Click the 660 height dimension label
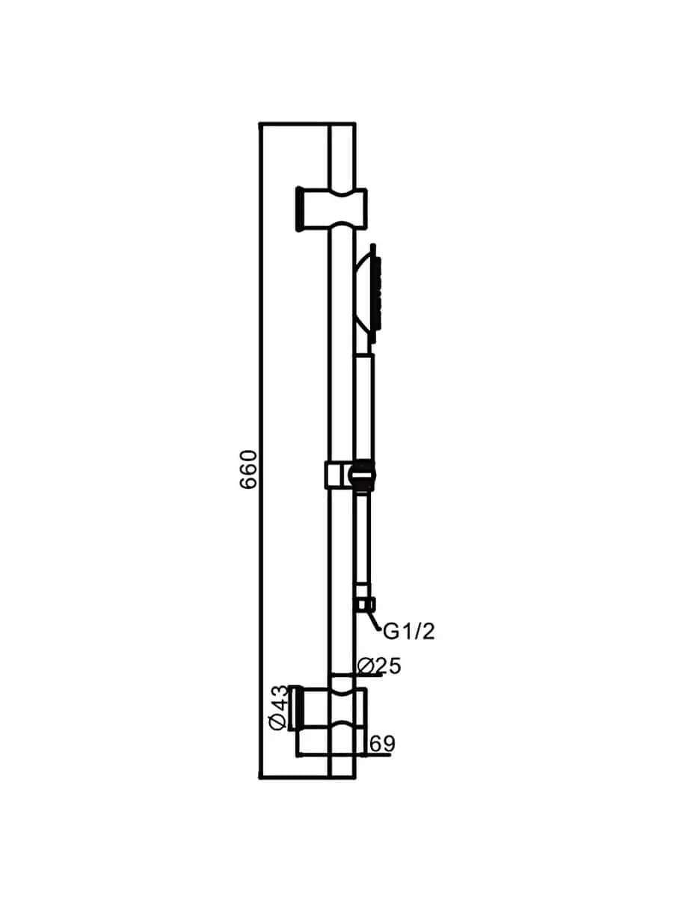point(248,469)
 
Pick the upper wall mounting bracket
point(331,210)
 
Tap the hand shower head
point(367,294)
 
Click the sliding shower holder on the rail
point(350,475)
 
